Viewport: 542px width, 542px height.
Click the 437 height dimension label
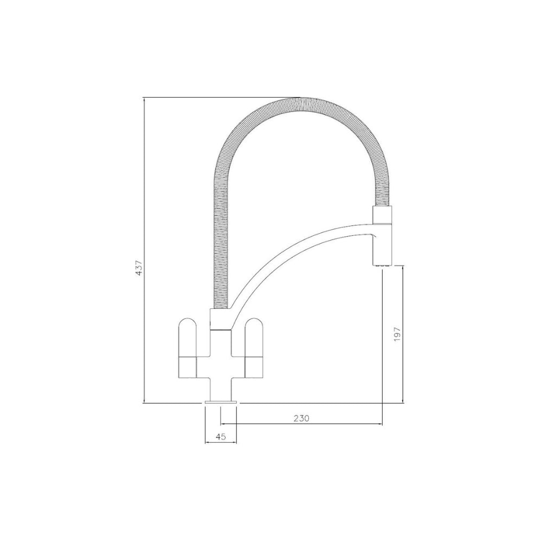pos(139,268)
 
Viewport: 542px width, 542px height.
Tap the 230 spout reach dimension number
pos(301,418)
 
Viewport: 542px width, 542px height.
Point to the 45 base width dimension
pos(221,436)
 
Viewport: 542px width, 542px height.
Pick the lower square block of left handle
pos(188,366)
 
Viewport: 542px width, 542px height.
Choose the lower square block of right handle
pos(254,366)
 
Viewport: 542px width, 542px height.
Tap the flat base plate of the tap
pos(221,402)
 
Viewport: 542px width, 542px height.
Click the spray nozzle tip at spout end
pos(382,265)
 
